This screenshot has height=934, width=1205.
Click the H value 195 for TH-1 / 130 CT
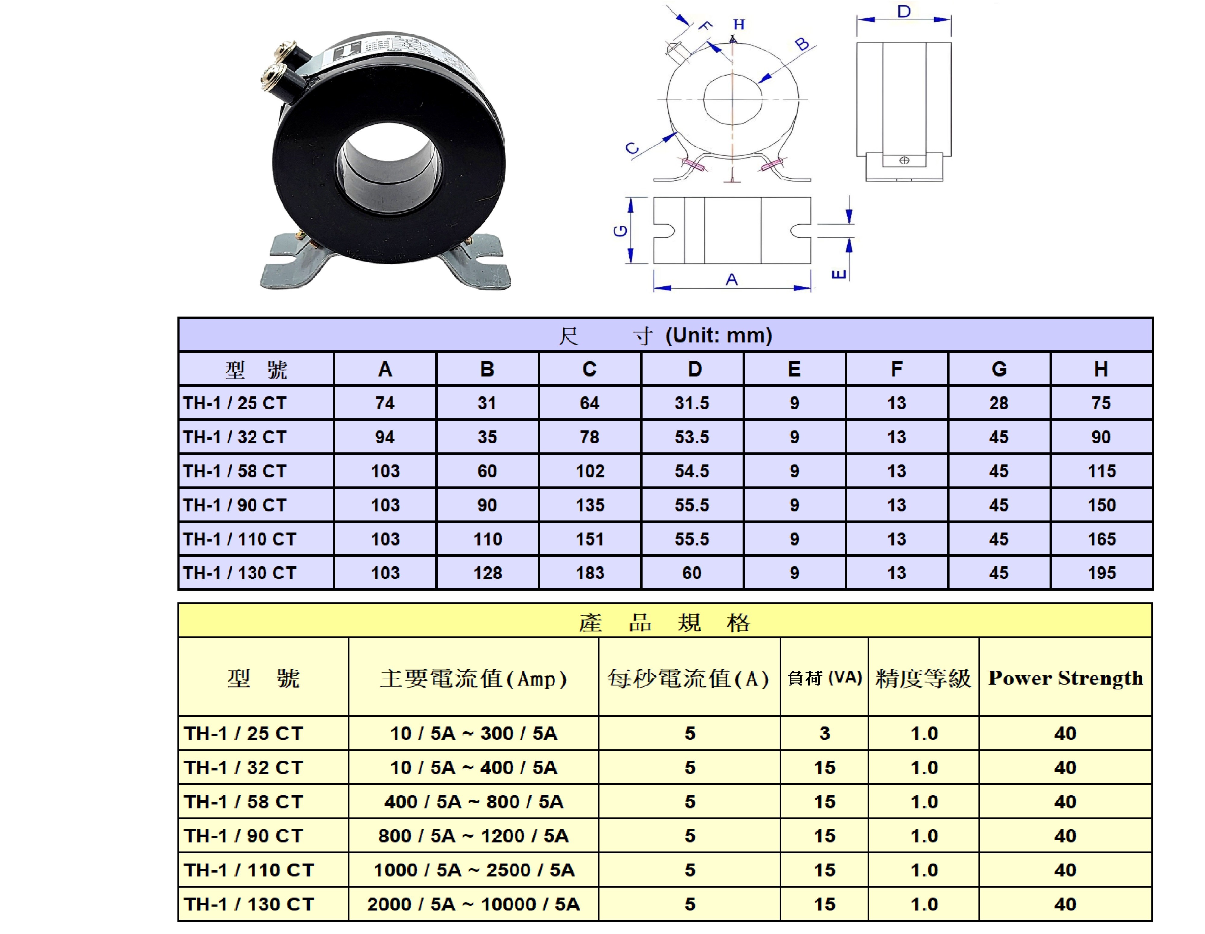point(1101,573)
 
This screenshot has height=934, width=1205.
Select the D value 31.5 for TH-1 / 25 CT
point(692,403)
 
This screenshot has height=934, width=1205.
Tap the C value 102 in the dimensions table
point(590,471)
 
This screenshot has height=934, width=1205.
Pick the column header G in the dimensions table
point(999,369)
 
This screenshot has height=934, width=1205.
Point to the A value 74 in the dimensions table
point(385,403)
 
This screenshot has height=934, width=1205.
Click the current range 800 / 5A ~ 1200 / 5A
point(473,836)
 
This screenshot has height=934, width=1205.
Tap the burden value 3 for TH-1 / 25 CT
point(824,733)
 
